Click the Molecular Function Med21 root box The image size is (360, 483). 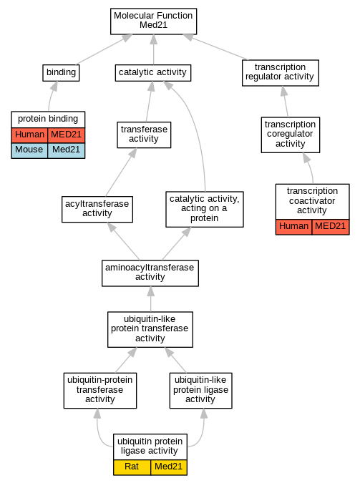pyautogui.click(x=153, y=21)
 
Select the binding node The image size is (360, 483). pyautogui.click(x=61, y=73)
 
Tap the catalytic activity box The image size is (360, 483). pyautogui.click(x=153, y=73)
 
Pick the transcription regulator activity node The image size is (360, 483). pyautogui.click(x=280, y=73)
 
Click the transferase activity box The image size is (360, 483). pyautogui.click(x=144, y=135)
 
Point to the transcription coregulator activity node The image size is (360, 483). pyautogui.click(x=291, y=135)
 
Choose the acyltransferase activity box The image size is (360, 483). pyautogui.click(x=97, y=209)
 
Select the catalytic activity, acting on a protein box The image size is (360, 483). pyautogui.click(x=205, y=209)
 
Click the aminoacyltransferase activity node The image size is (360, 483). pyautogui.click(x=150, y=273)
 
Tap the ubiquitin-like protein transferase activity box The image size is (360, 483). pyautogui.click(x=150, y=329)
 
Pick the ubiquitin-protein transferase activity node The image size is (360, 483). pyautogui.click(x=100, y=391)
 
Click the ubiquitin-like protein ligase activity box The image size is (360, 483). pyautogui.click(x=200, y=391)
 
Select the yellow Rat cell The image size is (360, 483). pyautogui.click(x=132, y=467)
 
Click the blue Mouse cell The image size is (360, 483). pyautogui.click(x=29, y=151)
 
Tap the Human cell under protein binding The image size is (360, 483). pyautogui.click(x=29, y=135)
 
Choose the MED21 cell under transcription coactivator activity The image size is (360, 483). pyautogui.click(x=331, y=227)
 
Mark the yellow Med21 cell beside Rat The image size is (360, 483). pyautogui.click(x=169, y=467)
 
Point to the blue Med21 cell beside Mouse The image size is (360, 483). pyautogui.click(x=67, y=151)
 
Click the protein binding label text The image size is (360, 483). pyautogui.click(x=48, y=119)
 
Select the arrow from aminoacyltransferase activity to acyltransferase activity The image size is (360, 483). pyautogui.click(x=123, y=241)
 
